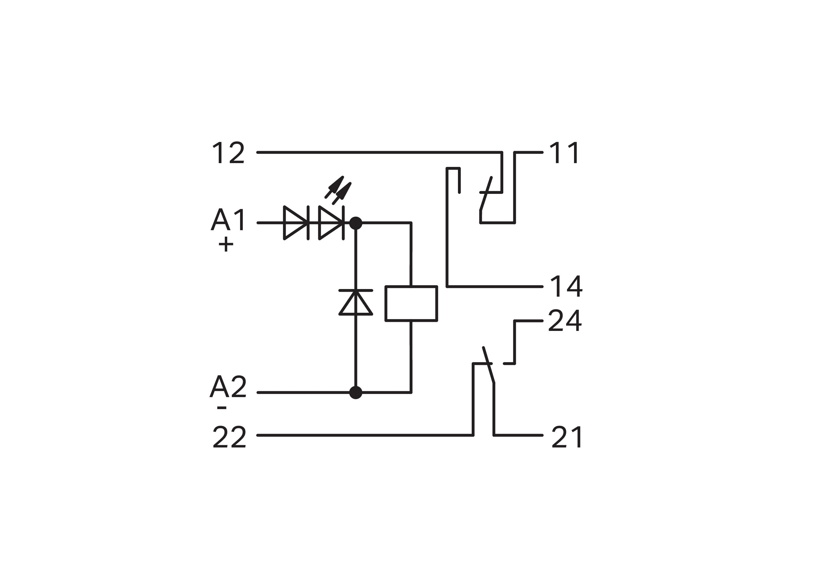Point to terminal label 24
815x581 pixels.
pos(564,321)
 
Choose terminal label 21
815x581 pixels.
pos(566,437)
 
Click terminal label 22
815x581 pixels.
pos(229,437)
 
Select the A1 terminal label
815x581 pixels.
pos(228,220)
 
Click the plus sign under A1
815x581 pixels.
pos(226,245)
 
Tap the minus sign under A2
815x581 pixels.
pos(222,407)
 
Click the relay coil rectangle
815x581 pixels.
pos(411,303)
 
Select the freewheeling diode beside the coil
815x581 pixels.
pos(356,303)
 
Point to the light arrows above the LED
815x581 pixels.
pos(338,190)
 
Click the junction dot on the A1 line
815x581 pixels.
pos(356,223)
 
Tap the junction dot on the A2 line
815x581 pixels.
pos(356,392)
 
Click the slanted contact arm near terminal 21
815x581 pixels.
pos(489,365)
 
